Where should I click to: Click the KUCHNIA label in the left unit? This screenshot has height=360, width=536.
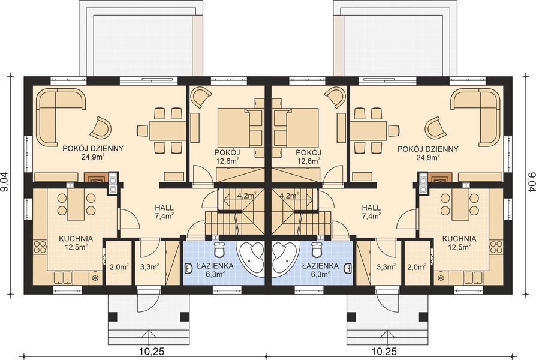(x=75, y=238)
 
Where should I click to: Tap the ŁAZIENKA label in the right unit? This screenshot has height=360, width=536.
(x=320, y=265)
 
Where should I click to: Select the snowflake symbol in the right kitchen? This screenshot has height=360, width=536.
(x=441, y=278)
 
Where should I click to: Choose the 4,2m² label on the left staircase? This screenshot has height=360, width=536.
(x=247, y=195)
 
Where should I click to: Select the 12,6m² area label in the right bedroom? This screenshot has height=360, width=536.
(x=309, y=160)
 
